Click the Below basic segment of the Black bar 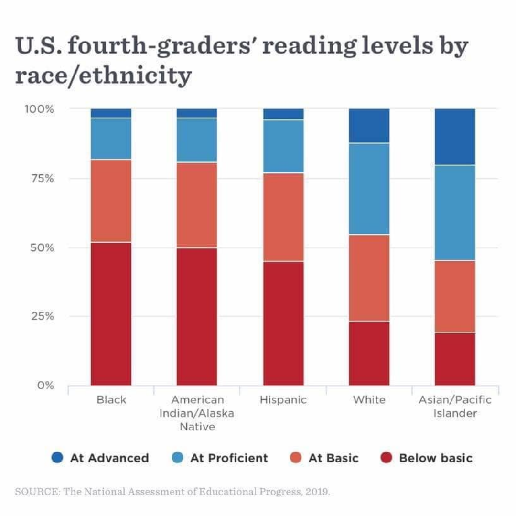click(111, 313)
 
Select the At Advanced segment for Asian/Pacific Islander click(455, 137)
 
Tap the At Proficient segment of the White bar click(369, 188)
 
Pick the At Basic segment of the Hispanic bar click(283, 217)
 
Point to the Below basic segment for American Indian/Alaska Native click(197, 316)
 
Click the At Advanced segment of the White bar click(369, 126)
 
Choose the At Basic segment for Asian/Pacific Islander click(455, 296)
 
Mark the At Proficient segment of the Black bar click(111, 139)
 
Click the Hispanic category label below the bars click(283, 400)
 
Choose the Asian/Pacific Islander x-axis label click(455, 406)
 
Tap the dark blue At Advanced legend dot click(57, 458)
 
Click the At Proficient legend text click(229, 458)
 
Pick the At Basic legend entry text click(333, 458)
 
